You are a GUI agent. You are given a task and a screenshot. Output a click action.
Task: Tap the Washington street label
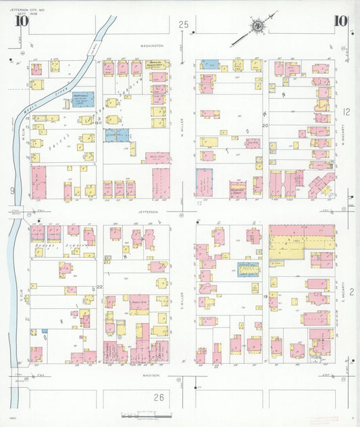tap(152, 45)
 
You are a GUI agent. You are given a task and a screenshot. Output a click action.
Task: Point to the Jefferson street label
tap(148, 211)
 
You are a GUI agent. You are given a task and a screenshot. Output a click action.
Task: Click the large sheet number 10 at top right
tap(340, 20)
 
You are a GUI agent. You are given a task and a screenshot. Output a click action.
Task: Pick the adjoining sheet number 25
tap(183, 25)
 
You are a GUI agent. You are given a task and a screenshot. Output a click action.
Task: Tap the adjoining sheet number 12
tap(346, 111)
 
